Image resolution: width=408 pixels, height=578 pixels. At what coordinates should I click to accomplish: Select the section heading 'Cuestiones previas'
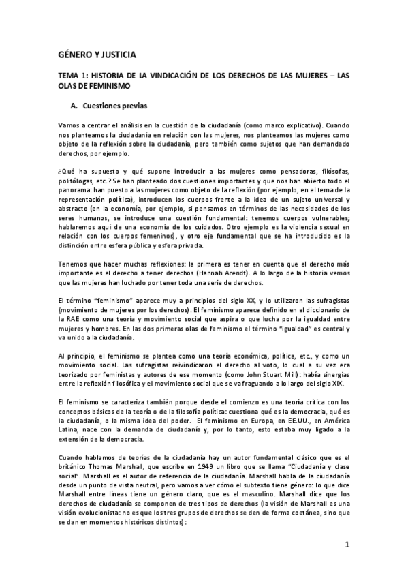113,107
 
